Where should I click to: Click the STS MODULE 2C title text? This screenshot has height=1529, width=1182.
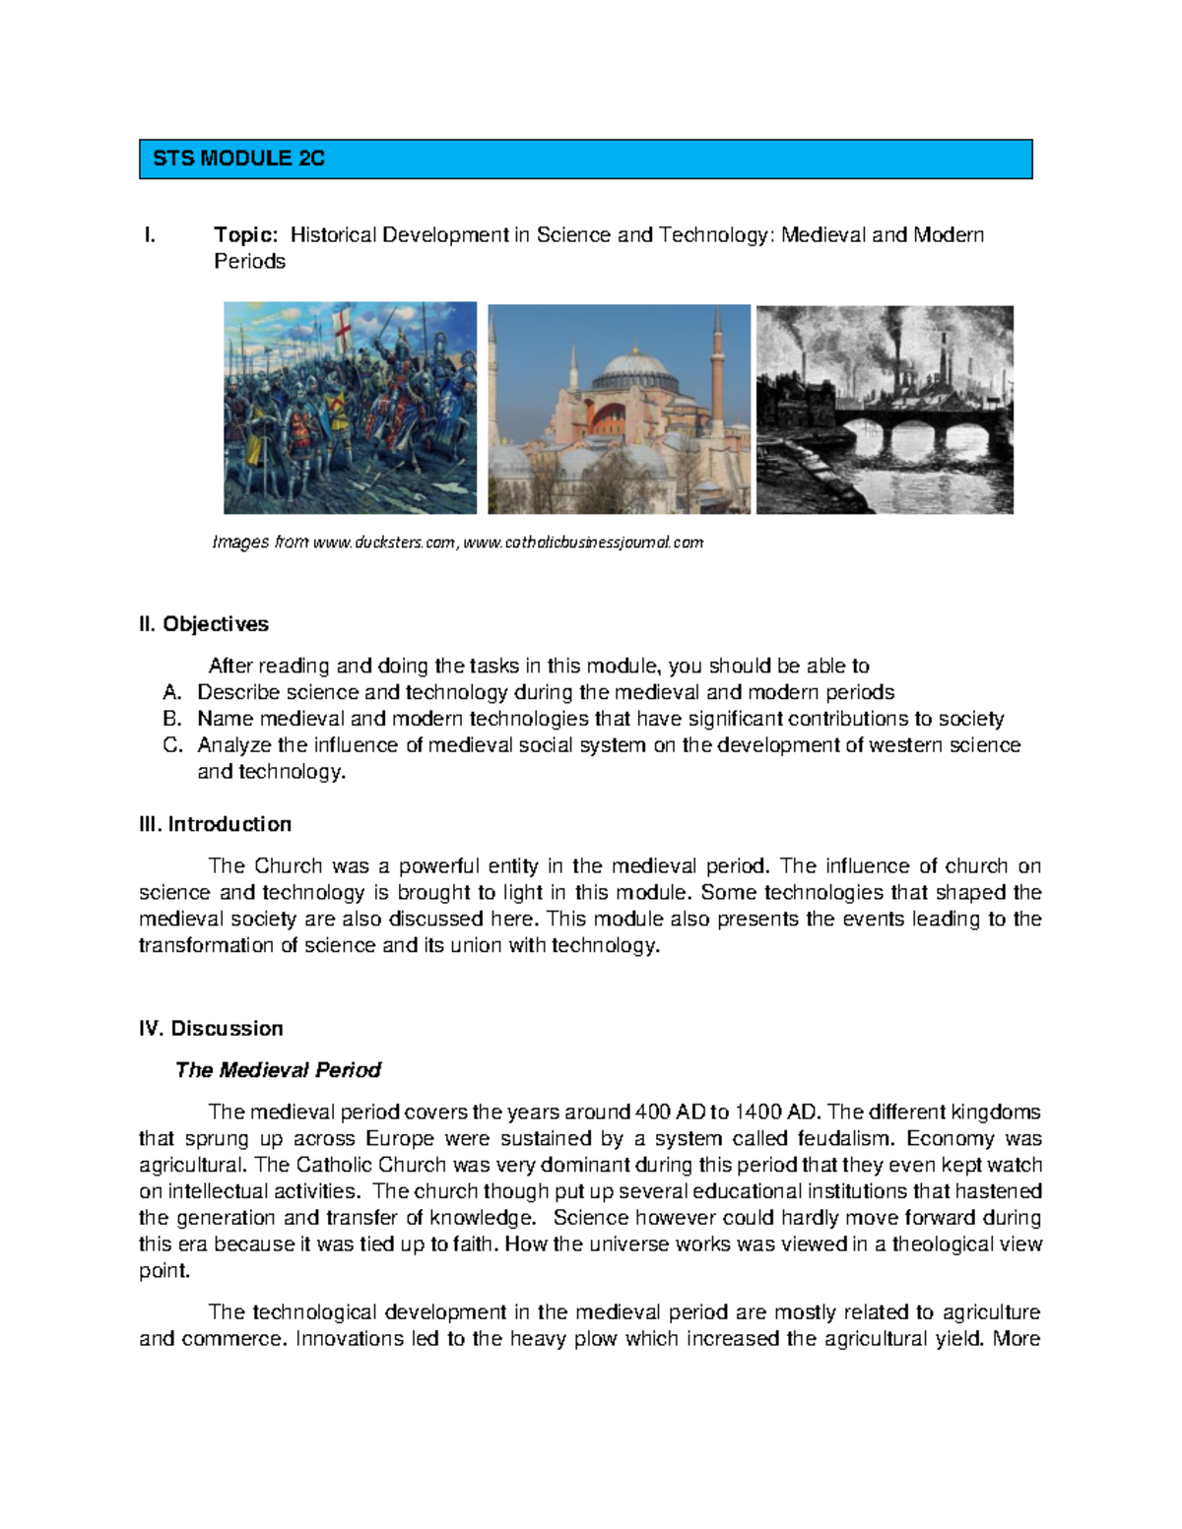click(x=238, y=159)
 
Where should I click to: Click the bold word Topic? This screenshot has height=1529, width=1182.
click(x=246, y=235)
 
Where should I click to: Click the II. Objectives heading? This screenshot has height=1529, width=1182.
click(x=204, y=624)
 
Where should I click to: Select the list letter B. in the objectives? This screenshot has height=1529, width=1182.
click(x=172, y=719)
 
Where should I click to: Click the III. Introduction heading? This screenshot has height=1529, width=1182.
click(x=215, y=824)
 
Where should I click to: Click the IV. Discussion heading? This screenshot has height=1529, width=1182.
click(x=211, y=1029)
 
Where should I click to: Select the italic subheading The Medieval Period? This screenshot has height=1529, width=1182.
click(x=278, y=1070)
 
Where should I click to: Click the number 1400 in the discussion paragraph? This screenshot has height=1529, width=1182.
click(x=757, y=1113)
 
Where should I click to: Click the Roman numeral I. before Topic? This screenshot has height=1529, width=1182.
click(x=150, y=235)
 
